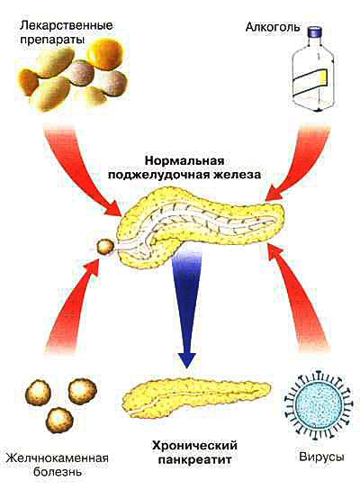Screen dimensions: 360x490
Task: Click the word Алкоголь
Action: point(273,28)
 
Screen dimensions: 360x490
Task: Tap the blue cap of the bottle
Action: point(316,31)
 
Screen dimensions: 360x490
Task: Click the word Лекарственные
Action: point(66,25)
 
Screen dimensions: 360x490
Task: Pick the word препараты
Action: point(52,41)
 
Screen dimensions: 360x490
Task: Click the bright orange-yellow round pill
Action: point(105,54)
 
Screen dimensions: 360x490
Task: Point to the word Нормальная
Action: point(184,160)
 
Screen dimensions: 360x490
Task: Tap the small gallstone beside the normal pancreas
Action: point(105,247)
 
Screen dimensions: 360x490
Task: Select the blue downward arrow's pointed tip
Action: point(186,367)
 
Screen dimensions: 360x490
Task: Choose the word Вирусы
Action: point(322,457)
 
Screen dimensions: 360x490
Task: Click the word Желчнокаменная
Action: point(57,458)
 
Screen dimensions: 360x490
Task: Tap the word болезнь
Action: point(57,472)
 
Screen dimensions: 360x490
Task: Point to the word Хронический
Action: point(194,445)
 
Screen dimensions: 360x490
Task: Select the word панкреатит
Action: point(194,459)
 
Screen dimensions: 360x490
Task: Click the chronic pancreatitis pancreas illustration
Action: point(196,396)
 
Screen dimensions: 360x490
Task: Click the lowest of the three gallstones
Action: point(59,420)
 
